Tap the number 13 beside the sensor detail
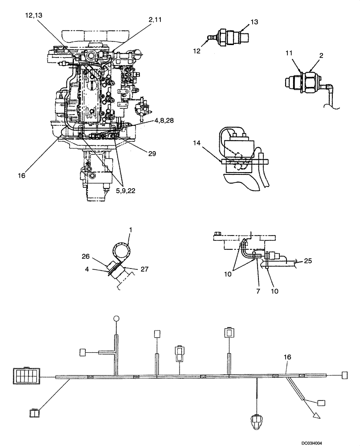(x=254, y=22)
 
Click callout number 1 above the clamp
(x=131, y=229)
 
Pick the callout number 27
(x=144, y=269)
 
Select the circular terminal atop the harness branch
(x=116, y=318)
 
